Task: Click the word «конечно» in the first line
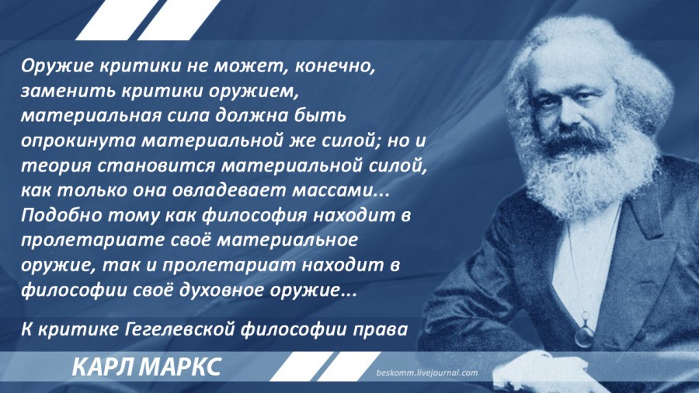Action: tap(332, 66)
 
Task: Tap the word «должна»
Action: tap(252, 117)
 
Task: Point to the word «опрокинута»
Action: tap(78, 141)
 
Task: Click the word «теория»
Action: tap(56, 165)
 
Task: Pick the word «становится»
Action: tap(156, 165)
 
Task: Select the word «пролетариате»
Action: tap(93, 241)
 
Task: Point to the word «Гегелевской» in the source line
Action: tap(180, 330)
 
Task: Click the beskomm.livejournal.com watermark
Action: tap(426, 373)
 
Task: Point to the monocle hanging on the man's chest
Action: tap(583, 331)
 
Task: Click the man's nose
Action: tap(565, 119)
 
